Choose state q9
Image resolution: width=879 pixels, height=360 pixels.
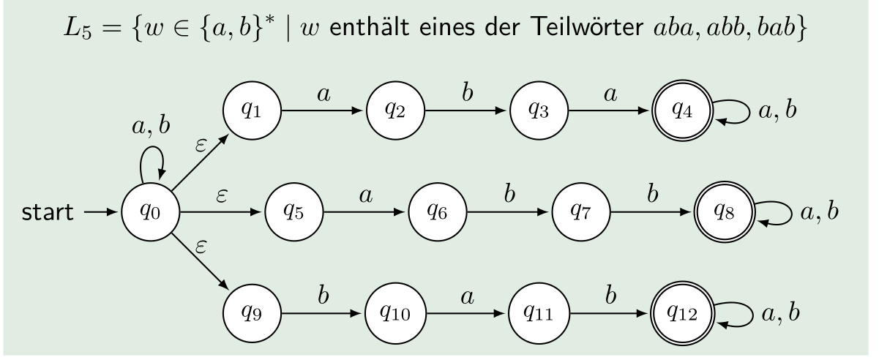[x=251, y=315]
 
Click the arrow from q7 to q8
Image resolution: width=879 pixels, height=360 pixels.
[x=649, y=214]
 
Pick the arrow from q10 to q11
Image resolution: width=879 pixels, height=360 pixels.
[x=465, y=315]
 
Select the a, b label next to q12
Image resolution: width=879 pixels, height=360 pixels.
[x=779, y=315]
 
